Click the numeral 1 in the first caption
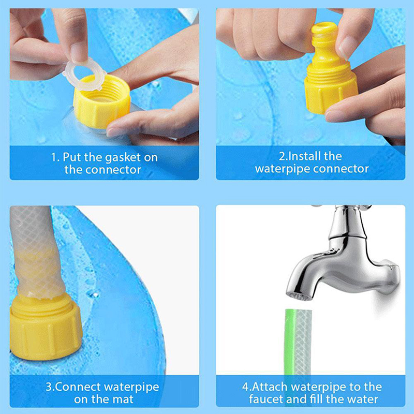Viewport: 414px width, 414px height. [x=53, y=157]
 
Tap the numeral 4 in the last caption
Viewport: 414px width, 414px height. [x=245, y=387]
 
